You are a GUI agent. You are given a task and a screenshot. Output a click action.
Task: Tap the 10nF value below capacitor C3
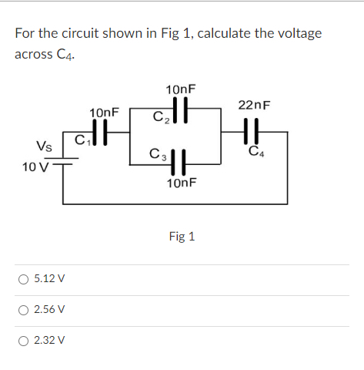coord(181,183)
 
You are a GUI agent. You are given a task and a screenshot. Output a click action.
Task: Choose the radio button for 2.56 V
coord(25,309)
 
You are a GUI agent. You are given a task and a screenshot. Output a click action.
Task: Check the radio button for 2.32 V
coord(25,339)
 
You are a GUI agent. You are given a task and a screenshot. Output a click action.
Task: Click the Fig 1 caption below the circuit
coord(182,236)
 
